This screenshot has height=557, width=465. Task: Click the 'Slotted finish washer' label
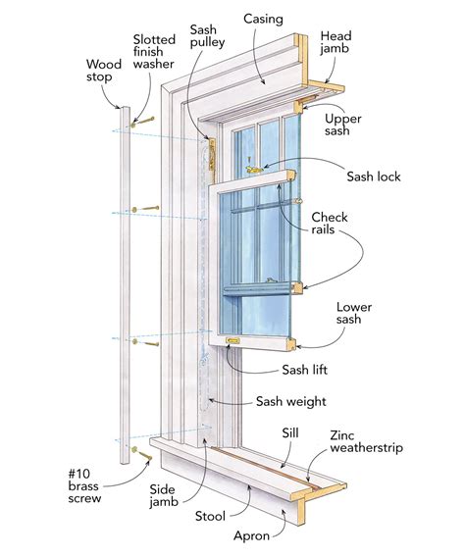point(156,54)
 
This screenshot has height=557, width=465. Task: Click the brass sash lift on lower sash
point(235,341)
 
